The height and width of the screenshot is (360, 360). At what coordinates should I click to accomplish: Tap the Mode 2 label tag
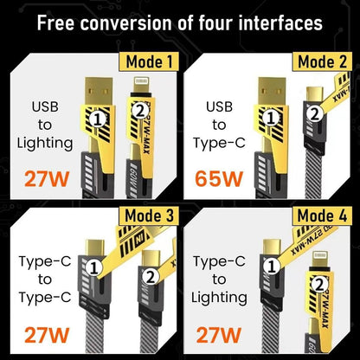[322, 61]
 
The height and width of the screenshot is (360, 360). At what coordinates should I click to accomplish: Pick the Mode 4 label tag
[322, 216]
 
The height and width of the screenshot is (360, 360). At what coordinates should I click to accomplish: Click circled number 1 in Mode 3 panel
[99, 269]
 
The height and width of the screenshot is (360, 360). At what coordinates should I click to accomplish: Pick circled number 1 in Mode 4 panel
[270, 270]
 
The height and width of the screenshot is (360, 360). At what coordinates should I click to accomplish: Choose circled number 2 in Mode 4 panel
[318, 282]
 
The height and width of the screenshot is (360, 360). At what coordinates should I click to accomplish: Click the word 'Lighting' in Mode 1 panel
[45, 141]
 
